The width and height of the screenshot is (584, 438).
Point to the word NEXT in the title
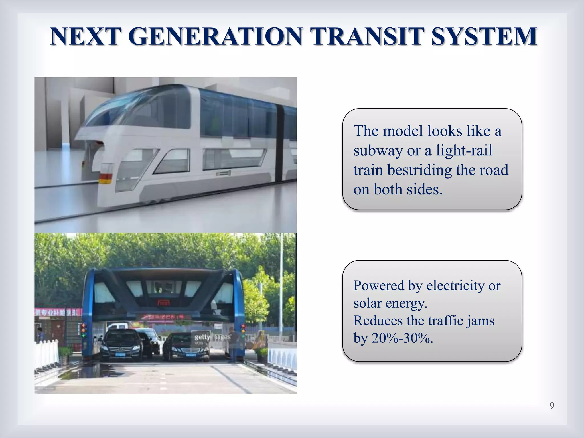coord(84,37)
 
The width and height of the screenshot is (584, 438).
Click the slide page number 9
coord(552,405)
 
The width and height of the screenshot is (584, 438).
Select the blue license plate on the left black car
coord(120,355)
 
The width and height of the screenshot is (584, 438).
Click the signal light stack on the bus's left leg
coord(84,330)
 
